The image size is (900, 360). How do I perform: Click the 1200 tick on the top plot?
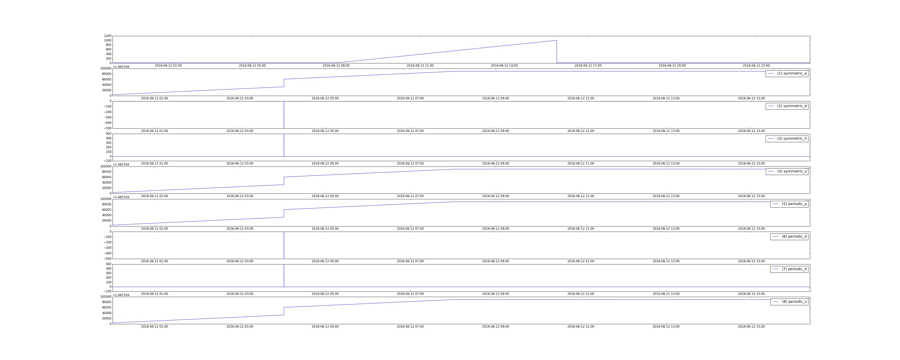108,36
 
